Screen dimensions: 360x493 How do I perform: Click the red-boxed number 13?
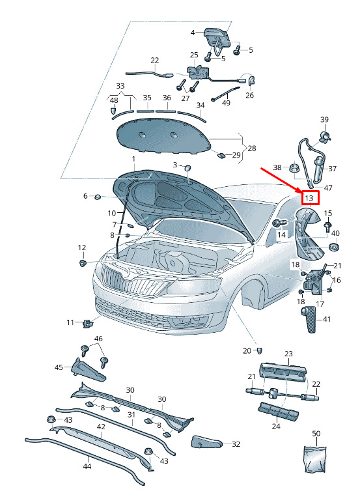click(x=309, y=198)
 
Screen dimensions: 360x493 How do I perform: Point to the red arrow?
click(x=281, y=180)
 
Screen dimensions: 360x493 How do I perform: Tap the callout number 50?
click(x=316, y=434)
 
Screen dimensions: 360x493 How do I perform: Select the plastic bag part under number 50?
click(x=315, y=459)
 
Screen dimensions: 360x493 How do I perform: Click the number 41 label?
click(x=327, y=319)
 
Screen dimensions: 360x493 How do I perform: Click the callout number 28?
click(x=252, y=148)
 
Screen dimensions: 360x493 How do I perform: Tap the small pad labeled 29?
click(x=221, y=155)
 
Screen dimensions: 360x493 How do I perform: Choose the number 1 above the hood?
click(x=133, y=159)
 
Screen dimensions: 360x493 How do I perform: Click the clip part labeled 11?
click(x=87, y=323)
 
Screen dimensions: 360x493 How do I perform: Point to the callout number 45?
click(x=59, y=367)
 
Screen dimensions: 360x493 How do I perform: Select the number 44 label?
click(x=87, y=466)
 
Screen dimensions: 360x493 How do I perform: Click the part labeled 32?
click(x=206, y=442)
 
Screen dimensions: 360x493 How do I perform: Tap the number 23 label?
click(x=288, y=354)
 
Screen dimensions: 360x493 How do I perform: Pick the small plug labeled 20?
click(x=260, y=350)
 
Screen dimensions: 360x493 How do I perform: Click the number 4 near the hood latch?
click(x=193, y=32)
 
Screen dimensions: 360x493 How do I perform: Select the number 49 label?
click(x=226, y=103)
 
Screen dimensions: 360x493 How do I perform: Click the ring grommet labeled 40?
click(x=333, y=247)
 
